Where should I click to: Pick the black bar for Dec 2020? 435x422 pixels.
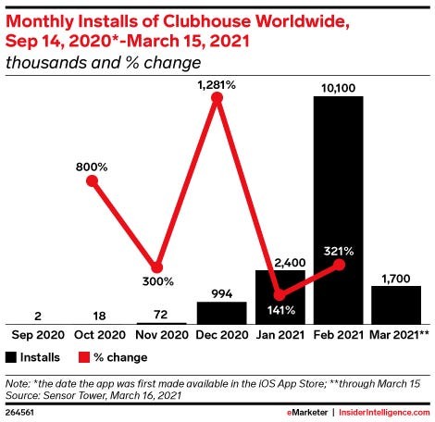coord(221,312)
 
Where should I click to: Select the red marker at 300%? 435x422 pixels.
coord(157,267)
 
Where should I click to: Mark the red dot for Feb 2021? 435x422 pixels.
coord(339,264)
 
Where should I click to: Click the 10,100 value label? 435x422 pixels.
coord(339,87)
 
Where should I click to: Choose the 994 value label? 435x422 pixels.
coord(221,292)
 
